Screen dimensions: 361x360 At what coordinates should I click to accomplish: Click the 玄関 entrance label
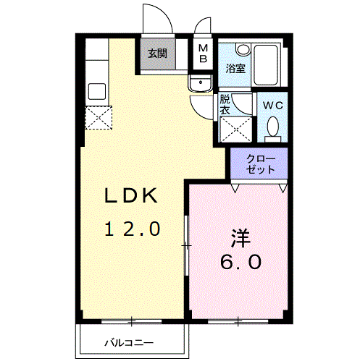tap(158, 53)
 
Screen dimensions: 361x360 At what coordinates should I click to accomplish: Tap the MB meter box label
tap(204, 53)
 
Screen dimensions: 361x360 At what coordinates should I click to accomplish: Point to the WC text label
tap(272, 106)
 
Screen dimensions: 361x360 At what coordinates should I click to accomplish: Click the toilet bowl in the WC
tap(273, 127)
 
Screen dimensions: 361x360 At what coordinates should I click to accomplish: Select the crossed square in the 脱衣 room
tap(235, 129)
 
